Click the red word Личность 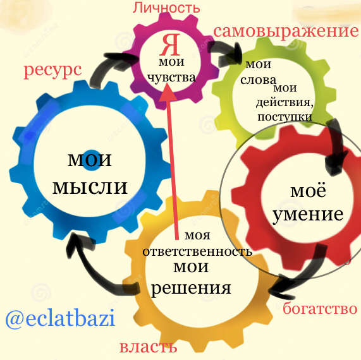166,8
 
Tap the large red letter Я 170,45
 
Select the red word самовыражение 286,32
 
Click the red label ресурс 52,70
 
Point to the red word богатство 320,308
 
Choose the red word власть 148,347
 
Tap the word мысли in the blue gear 90,187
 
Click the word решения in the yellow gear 191,289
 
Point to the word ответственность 197,251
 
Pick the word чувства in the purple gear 171,78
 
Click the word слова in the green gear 258,80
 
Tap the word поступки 285,117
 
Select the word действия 285,102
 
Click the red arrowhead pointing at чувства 168,92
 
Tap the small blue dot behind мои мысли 92,160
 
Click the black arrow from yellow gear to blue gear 92,269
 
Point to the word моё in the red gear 308,191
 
